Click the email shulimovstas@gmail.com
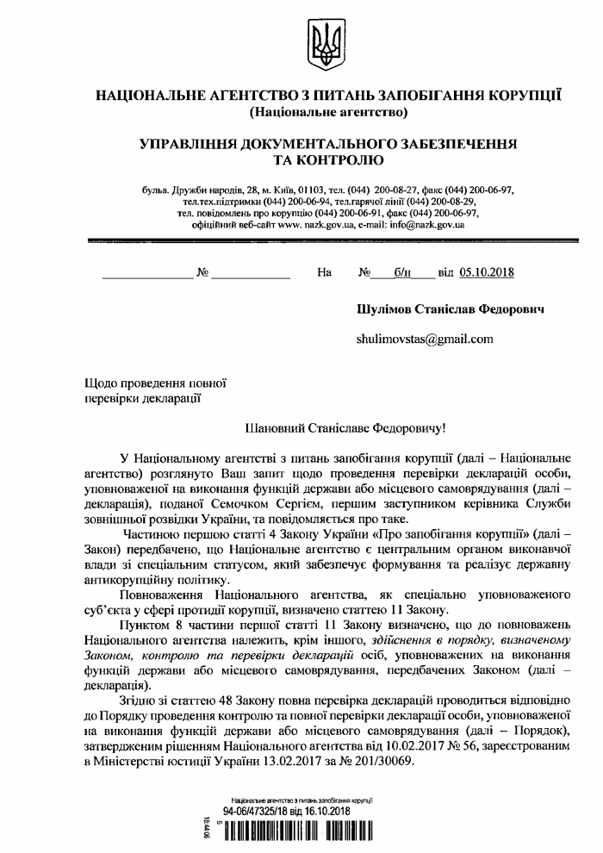(x=424, y=339)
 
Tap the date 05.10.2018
(x=487, y=273)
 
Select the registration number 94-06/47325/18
(x=258, y=812)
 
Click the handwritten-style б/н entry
(x=402, y=273)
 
